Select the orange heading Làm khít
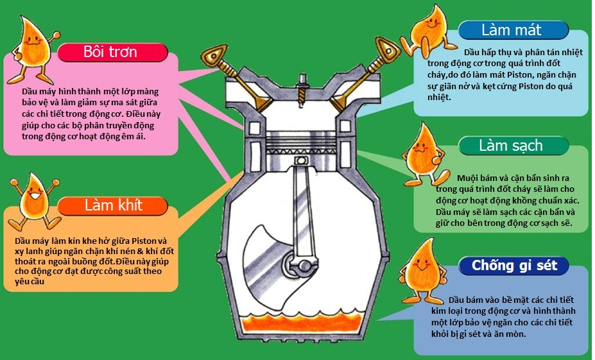point(114,205)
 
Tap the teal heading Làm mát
point(511,30)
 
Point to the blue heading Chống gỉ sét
point(519,266)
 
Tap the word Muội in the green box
point(467,177)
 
